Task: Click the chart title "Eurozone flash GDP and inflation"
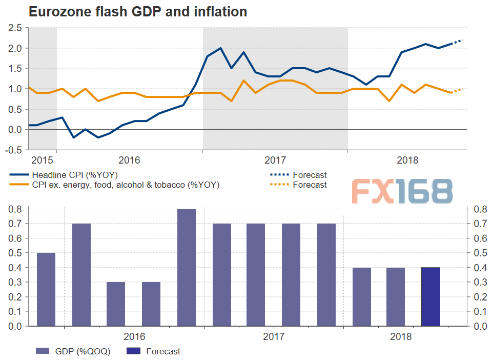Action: pyautogui.click(x=138, y=11)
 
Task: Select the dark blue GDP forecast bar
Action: pyautogui.click(x=430, y=296)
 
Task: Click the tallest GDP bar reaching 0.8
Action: pyautogui.click(x=186, y=267)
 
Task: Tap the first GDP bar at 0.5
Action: pyautogui.click(x=46, y=289)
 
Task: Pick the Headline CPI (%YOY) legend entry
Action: pyautogui.click(x=75, y=175)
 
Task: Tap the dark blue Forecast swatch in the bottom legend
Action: pyautogui.click(x=131, y=351)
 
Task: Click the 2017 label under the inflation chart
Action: pyautogui.click(x=275, y=160)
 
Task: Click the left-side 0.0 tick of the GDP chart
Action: pyautogui.click(x=15, y=326)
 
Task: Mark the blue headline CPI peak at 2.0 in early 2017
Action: pyautogui.click(x=220, y=48)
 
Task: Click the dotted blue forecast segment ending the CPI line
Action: pyautogui.click(x=457, y=42)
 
